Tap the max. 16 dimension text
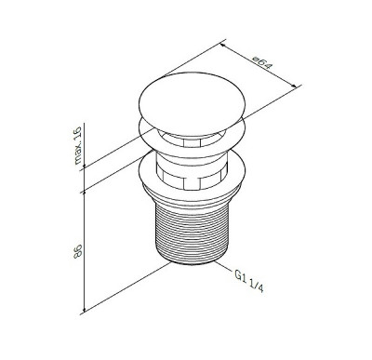click(x=77, y=145)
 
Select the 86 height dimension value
click(x=78, y=251)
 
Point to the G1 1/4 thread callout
click(x=249, y=280)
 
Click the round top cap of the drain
click(x=193, y=104)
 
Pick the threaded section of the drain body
click(x=193, y=232)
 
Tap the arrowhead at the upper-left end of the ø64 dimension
click(x=222, y=47)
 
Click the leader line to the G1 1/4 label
click(x=224, y=267)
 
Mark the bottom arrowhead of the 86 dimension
click(x=84, y=310)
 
